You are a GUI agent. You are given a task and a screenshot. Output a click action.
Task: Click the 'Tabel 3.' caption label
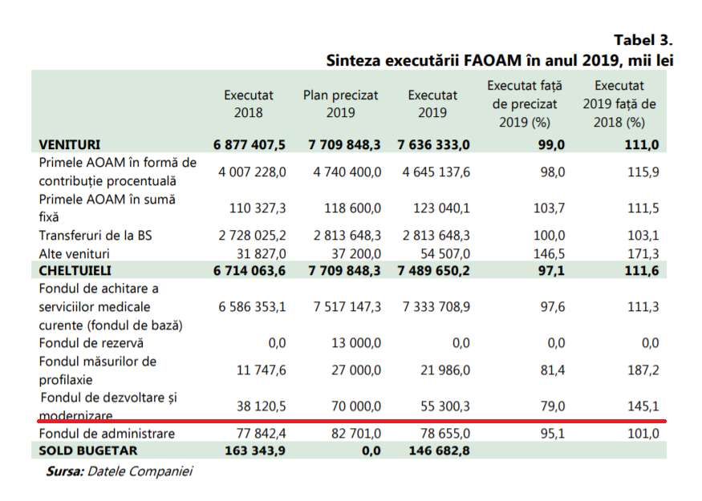pos(643,40)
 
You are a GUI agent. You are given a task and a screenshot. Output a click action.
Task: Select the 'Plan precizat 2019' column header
pos(340,103)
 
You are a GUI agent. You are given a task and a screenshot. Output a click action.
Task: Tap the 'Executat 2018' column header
pos(248,103)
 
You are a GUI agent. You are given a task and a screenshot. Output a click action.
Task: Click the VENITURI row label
pos(70,144)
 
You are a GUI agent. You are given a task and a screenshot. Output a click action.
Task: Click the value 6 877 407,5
pos(250,144)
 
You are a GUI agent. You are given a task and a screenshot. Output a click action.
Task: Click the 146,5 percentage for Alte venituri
pos(549,253)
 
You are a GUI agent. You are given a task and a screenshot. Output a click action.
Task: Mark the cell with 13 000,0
pos(355,342)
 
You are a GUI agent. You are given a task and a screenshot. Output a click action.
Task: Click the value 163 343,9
pos(250,450)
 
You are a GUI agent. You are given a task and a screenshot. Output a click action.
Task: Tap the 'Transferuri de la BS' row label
pos(95,236)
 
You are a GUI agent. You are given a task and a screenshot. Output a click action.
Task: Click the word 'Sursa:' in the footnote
pos(64,471)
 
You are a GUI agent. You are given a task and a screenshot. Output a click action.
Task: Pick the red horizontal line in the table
pos(351,420)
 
